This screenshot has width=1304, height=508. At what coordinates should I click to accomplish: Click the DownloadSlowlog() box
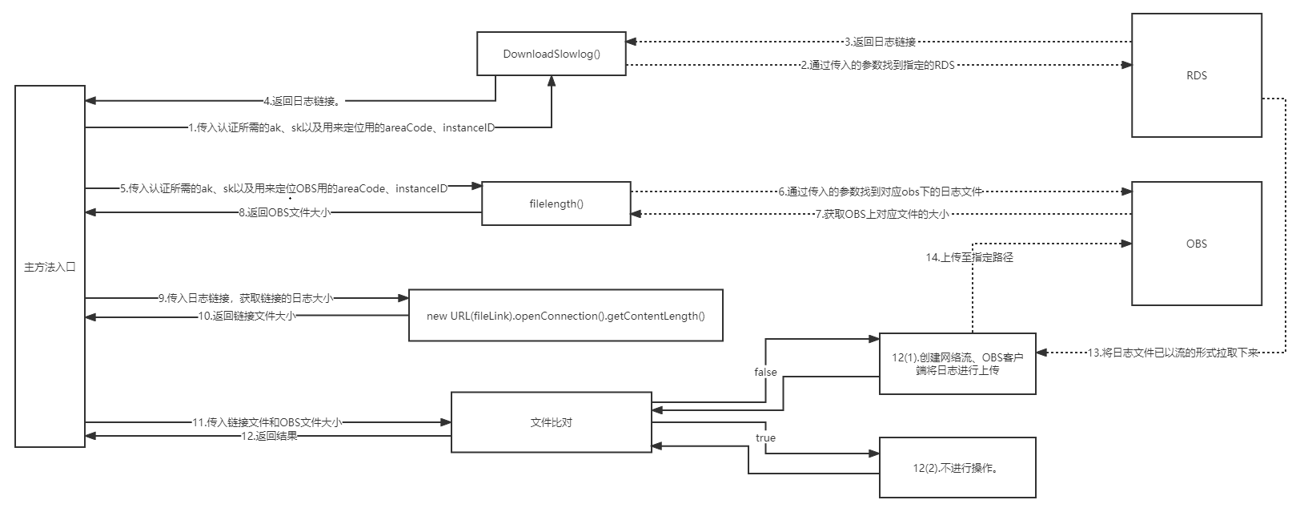[x=552, y=54]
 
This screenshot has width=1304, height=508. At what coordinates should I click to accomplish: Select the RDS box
[x=1197, y=75]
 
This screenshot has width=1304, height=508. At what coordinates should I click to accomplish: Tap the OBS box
[x=1197, y=244]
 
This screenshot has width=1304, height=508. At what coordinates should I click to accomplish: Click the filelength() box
[x=556, y=204]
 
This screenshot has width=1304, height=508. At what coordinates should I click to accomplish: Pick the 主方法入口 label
[x=50, y=266]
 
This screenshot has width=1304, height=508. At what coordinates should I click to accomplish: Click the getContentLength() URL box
[x=565, y=316]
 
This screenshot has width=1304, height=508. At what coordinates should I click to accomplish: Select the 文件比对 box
[x=551, y=422]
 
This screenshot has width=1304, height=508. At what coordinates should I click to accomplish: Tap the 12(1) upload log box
[x=957, y=364]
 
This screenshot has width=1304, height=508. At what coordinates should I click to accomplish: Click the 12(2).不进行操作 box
[x=957, y=468]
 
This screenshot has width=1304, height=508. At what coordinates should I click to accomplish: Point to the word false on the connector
[x=765, y=372]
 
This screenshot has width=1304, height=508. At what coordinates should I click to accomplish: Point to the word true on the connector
[x=765, y=437]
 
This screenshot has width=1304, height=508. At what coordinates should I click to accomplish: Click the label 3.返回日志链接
[x=880, y=42]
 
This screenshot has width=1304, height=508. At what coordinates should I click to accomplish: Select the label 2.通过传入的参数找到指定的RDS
[x=877, y=66]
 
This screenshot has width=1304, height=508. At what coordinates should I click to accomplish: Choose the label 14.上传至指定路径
[x=969, y=258]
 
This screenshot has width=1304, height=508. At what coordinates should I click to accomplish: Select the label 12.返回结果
[x=269, y=437]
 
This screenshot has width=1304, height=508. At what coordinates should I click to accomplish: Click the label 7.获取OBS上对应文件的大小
[x=881, y=214]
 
